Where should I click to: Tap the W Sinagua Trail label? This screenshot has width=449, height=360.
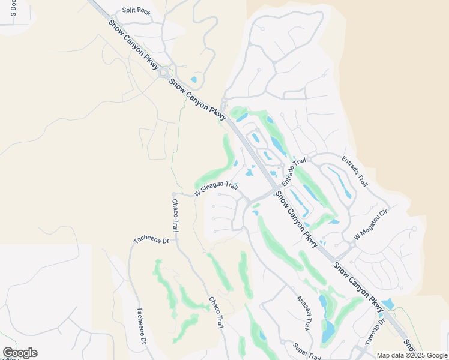coord(216,190)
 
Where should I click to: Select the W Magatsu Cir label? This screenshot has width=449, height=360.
coord(372,225)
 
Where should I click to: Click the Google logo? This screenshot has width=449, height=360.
coord(20,353)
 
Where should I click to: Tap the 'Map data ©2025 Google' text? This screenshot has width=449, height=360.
coord(411,355)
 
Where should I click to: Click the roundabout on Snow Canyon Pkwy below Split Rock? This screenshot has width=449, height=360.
coord(163,73)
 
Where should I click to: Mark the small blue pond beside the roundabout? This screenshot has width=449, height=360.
coord(193,79)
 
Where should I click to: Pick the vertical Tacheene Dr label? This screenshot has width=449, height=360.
coord(142,326)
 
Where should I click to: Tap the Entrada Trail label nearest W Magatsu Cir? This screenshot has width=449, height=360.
coord(354,171)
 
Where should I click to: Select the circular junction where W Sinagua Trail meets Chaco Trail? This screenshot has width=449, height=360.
coord(173,194)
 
